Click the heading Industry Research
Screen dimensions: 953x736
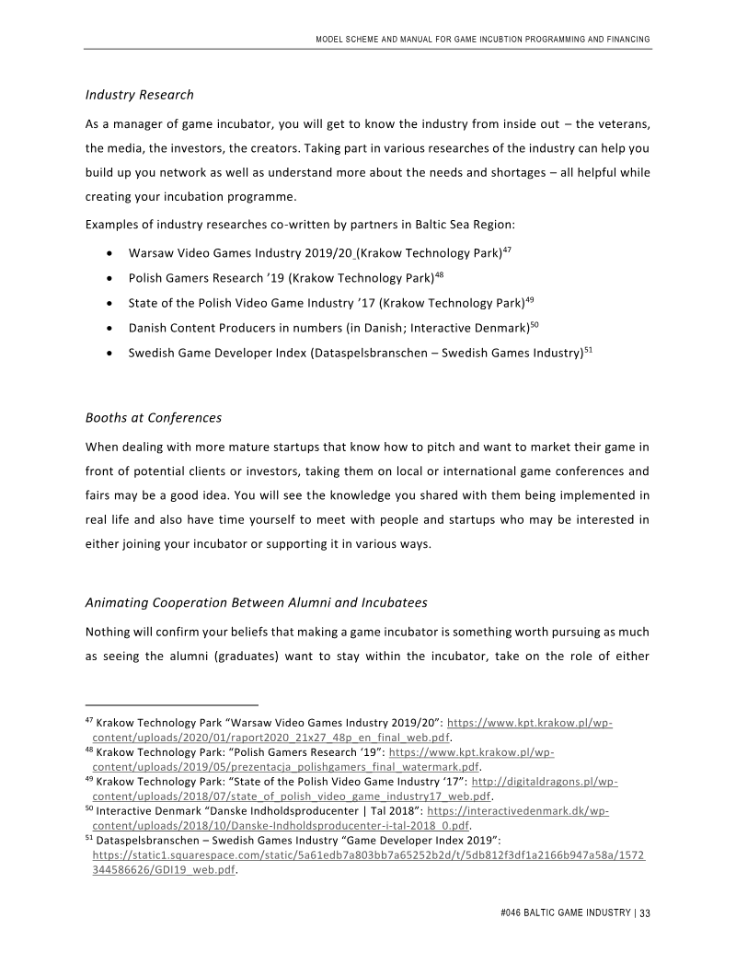point(139,95)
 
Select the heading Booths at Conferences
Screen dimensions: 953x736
point(154,417)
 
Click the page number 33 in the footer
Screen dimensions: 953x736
point(645,913)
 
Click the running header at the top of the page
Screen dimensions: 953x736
point(482,39)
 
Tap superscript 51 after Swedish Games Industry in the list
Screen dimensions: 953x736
point(588,349)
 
